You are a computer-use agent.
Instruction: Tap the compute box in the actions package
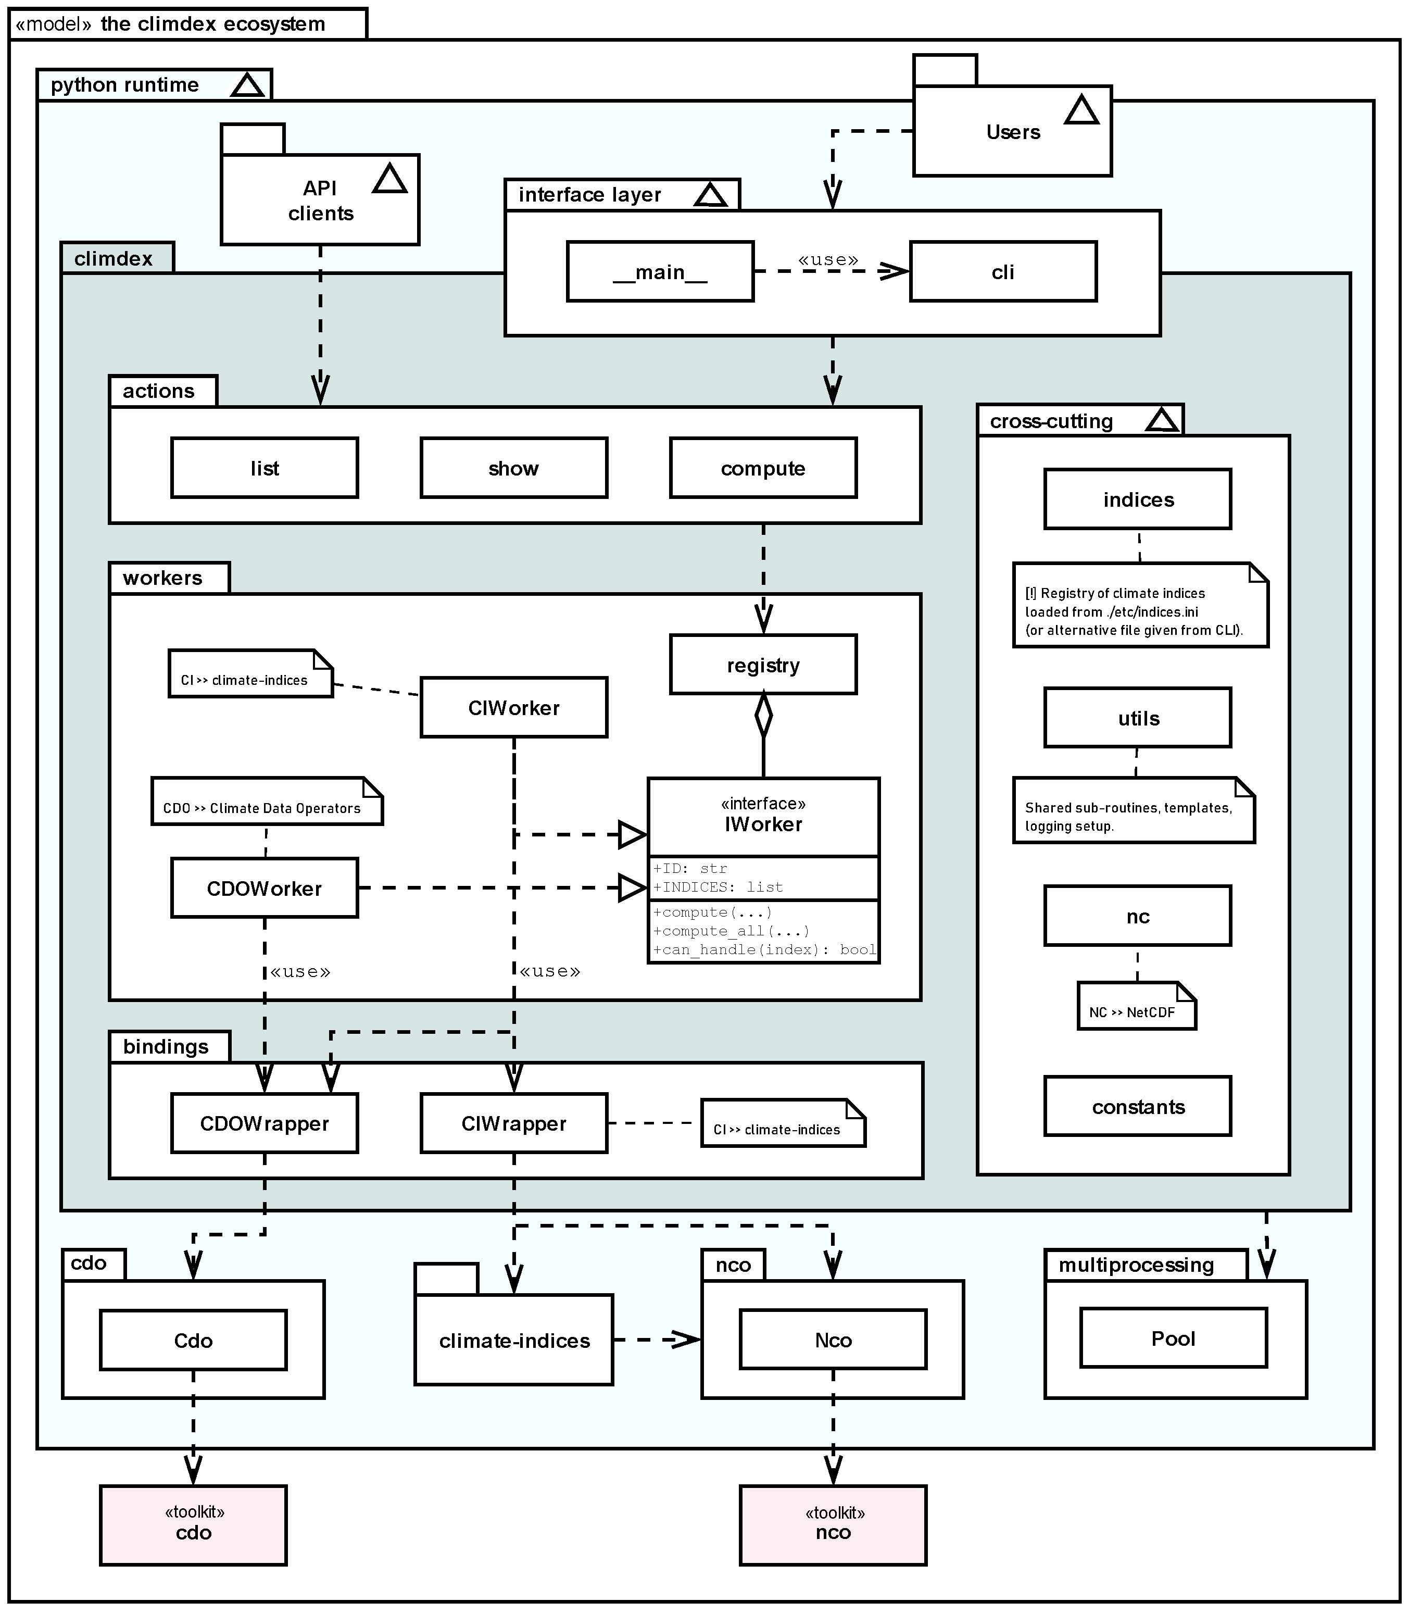(x=763, y=468)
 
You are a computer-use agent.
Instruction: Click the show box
(x=513, y=468)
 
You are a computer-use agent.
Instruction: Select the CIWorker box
(x=513, y=707)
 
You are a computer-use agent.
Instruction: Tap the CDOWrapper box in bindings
(x=264, y=1123)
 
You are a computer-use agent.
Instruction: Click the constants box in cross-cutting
(x=1137, y=1107)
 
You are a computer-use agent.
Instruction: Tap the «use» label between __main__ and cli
(x=827, y=259)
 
